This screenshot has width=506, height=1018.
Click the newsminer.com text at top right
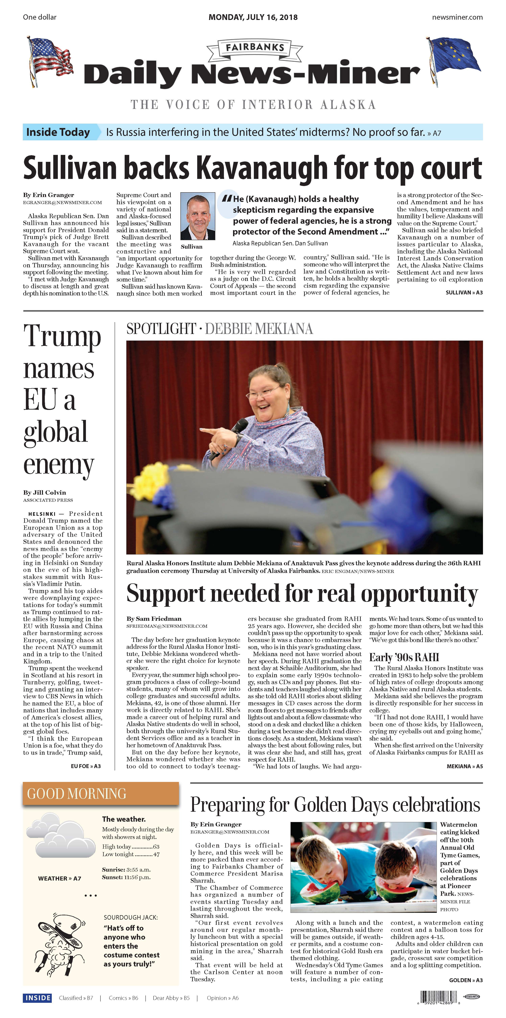click(457, 17)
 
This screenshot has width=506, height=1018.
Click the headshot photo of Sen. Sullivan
click(198, 216)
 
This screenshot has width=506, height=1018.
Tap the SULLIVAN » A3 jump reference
click(464, 292)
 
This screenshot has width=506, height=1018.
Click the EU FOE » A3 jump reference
click(86, 766)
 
